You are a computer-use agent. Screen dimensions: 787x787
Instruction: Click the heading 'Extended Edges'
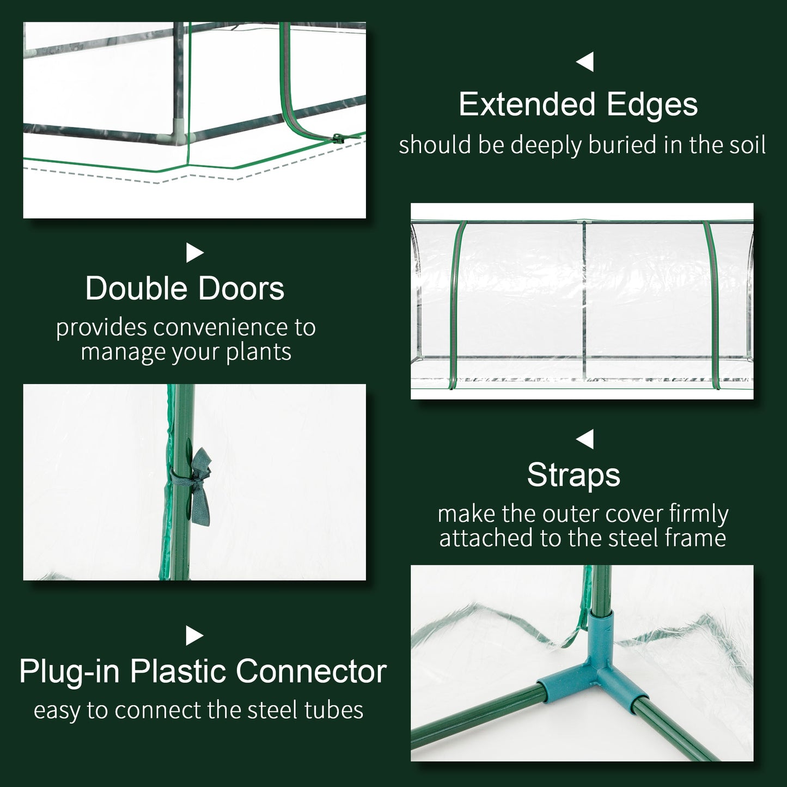coord(578,105)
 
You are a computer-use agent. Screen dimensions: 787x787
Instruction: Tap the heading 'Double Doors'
coord(185,288)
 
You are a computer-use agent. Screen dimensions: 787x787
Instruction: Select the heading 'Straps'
coord(574,474)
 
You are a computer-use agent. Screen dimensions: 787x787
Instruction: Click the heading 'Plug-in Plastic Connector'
coord(203,671)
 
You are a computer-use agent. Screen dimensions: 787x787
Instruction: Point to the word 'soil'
coord(746,145)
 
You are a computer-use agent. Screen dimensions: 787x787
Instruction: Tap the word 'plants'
coord(259,352)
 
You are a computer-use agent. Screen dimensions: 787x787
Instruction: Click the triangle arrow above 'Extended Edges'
coord(585,62)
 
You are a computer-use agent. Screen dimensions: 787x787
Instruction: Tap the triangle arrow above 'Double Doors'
coord(194,252)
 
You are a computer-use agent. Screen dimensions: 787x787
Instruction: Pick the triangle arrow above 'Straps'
coord(585,439)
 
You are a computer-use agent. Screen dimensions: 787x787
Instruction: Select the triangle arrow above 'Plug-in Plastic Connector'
coord(194,636)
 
